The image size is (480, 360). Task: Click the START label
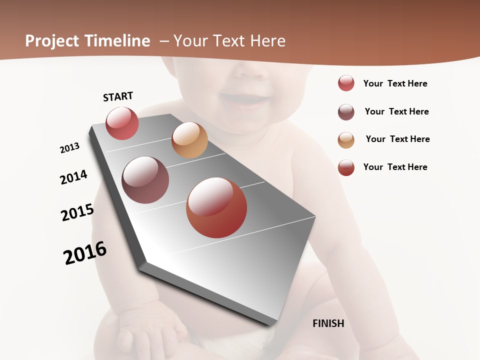coord(118,96)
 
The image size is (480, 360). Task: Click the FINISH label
coord(328,323)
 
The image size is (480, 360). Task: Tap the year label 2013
coord(70,148)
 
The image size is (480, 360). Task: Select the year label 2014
coord(74,177)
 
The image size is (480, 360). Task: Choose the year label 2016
coord(85,253)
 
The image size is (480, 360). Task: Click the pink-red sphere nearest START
coord(122,123)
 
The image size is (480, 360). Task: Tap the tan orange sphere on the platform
coord(189,140)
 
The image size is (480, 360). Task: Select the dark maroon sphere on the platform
coord(145,180)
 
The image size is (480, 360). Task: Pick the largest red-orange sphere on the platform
coord(216,207)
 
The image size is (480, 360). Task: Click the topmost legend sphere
coord(346,83)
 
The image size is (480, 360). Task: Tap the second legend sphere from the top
coord(346,112)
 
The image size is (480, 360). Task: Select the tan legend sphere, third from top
coord(346,140)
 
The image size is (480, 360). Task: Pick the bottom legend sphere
coord(346,167)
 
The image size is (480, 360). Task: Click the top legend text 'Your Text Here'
coord(395,83)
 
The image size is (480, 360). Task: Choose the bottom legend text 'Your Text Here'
coord(395,167)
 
